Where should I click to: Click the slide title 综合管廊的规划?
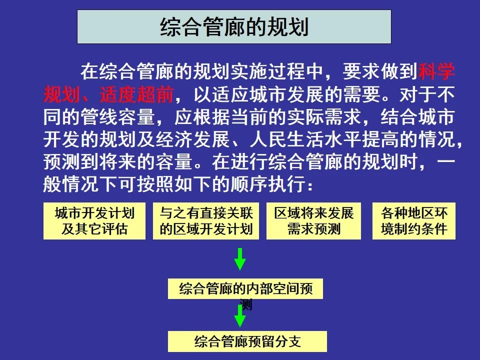234,27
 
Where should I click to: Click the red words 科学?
436,71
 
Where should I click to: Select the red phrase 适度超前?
137,94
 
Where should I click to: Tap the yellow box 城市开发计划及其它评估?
94,221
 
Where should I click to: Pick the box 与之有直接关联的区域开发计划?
206,221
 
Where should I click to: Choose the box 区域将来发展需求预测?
314,221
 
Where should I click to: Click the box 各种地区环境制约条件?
414,221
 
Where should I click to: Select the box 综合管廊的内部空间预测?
245,288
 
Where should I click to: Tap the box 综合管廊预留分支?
247,341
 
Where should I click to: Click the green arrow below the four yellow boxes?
240,259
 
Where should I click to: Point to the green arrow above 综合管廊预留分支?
240,316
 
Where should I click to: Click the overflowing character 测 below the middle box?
246,304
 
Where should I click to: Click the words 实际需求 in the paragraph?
324,117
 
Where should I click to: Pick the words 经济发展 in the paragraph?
193,139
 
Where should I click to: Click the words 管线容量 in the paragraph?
118,117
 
